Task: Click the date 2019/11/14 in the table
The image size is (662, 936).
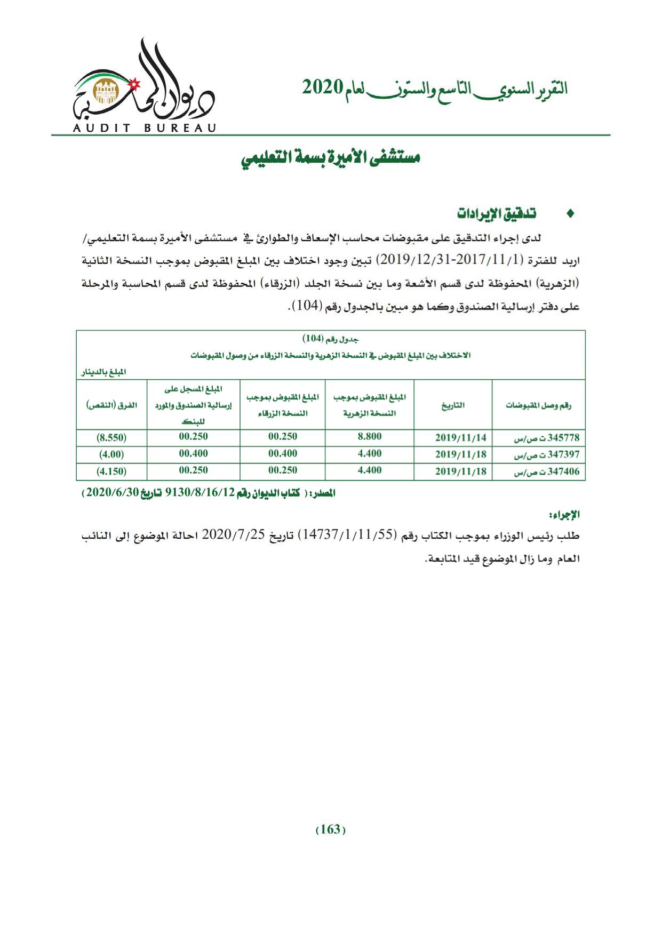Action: pos(460,438)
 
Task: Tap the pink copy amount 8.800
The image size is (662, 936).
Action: pos(369,437)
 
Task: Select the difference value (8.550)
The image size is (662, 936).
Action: pos(111,438)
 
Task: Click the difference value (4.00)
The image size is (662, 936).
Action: pos(111,455)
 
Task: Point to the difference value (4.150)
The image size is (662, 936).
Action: pos(111,471)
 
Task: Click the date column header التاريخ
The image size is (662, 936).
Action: pos(453,405)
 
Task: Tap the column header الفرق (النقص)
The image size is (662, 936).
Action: pos(111,405)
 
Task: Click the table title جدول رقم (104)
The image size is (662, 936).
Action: pos(331,339)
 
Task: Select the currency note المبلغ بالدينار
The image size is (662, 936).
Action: pos(103,372)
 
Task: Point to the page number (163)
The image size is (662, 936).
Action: pos(331,830)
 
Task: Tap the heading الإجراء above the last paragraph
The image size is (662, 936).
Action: pos(564,515)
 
